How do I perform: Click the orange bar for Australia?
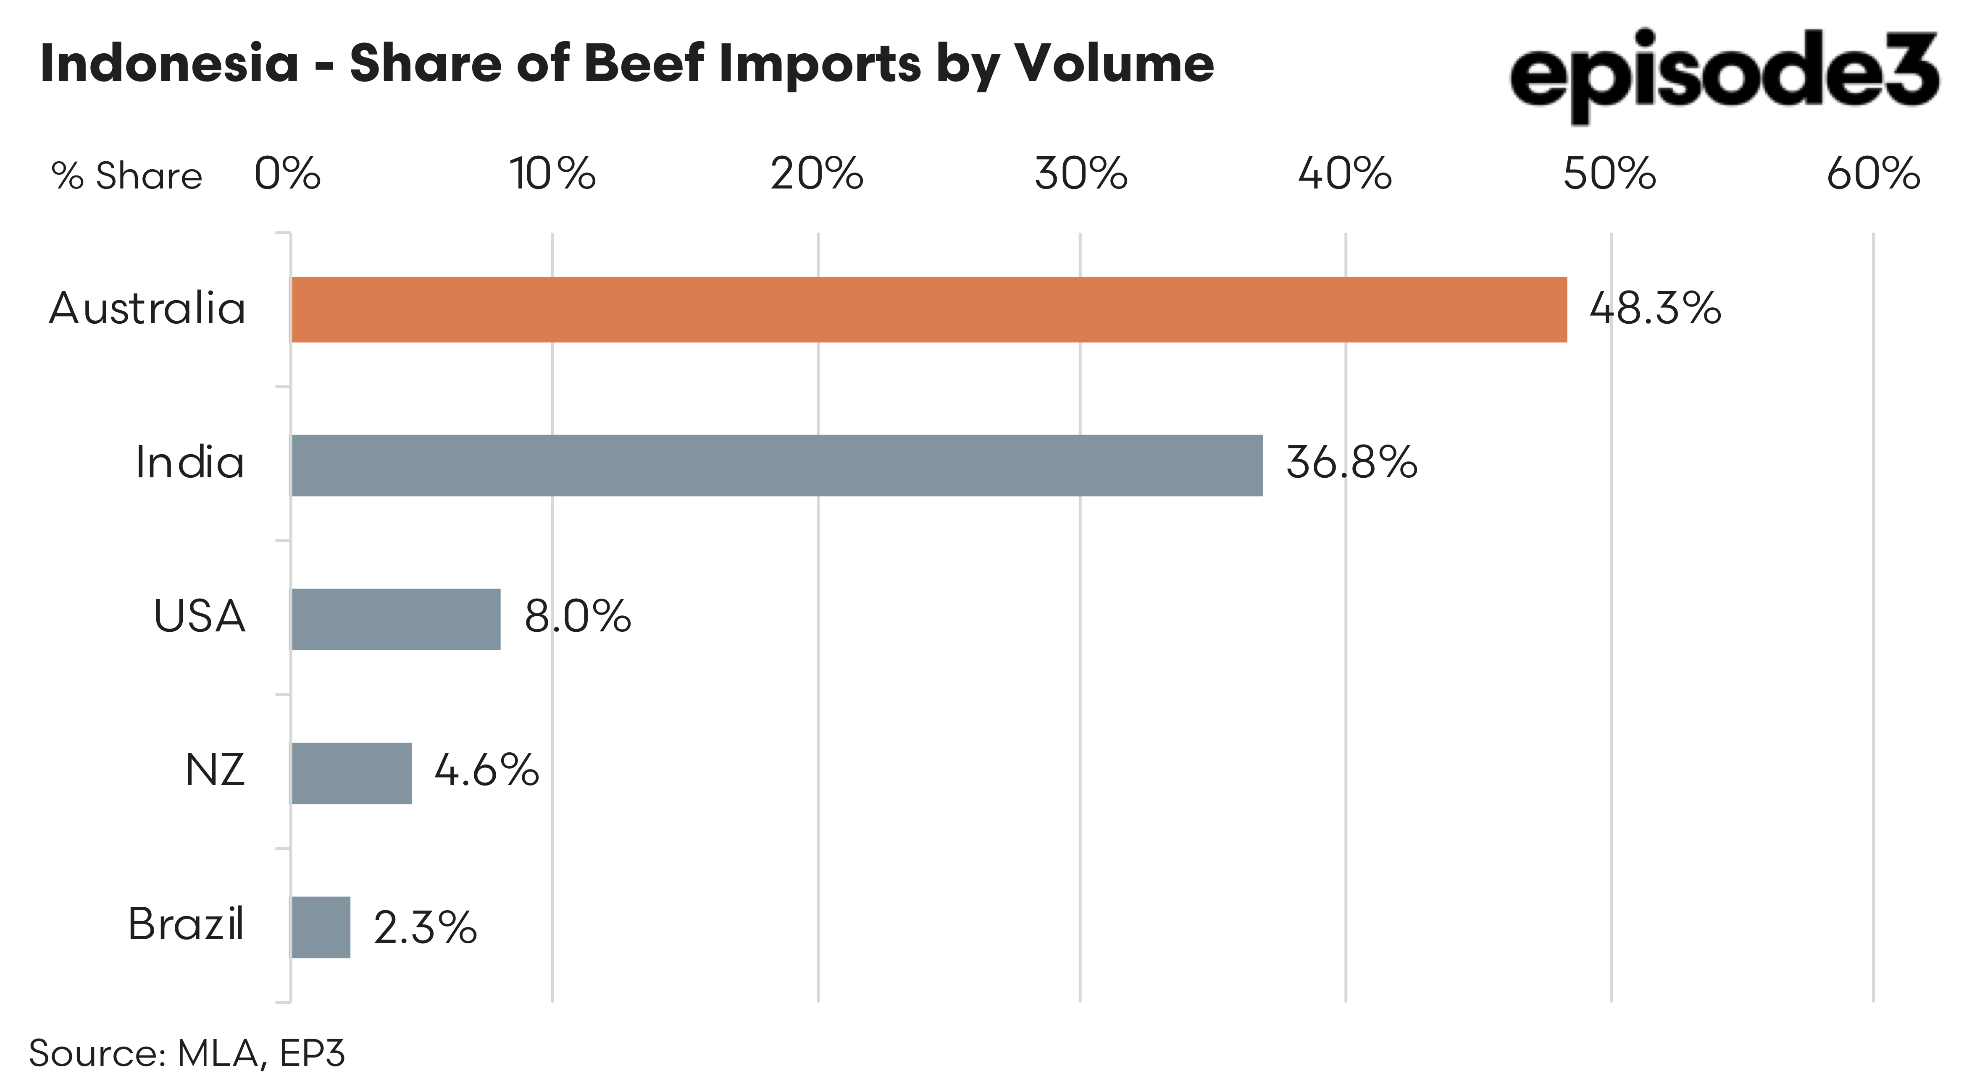(x=928, y=309)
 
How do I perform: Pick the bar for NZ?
(x=352, y=773)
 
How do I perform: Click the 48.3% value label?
(x=1654, y=309)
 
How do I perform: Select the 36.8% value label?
(x=1351, y=463)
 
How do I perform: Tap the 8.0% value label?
(x=577, y=617)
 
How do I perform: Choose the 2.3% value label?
(x=425, y=927)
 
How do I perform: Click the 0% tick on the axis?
(x=287, y=175)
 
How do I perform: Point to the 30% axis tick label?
(x=1081, y=175)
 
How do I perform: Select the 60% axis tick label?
(x=1872, y=175)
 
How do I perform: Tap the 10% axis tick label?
(x=552, y=175)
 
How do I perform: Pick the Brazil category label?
(x=185, y=924)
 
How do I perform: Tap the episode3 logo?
(x=1723, y=75)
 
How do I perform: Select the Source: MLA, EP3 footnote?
(x=187, y=1053)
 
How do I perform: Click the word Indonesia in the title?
(x=169, y=63)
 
